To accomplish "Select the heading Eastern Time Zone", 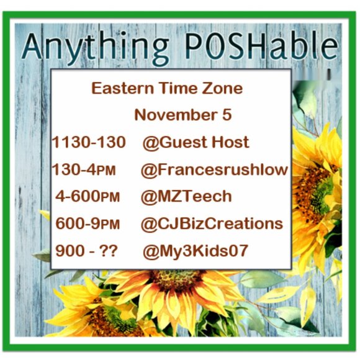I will [167, 88].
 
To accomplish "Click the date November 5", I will [183, 115].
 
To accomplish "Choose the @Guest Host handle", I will [196, 142].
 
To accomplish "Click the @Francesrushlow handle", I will [214, 169].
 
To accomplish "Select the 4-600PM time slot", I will [88, 197].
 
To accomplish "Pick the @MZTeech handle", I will [186, 197].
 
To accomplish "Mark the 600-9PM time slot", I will [88, 223].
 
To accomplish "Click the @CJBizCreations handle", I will [212, 223].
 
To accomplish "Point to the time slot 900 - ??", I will [86, 251].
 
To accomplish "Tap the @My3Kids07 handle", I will [196, 251].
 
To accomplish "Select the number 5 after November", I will [227, 115].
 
